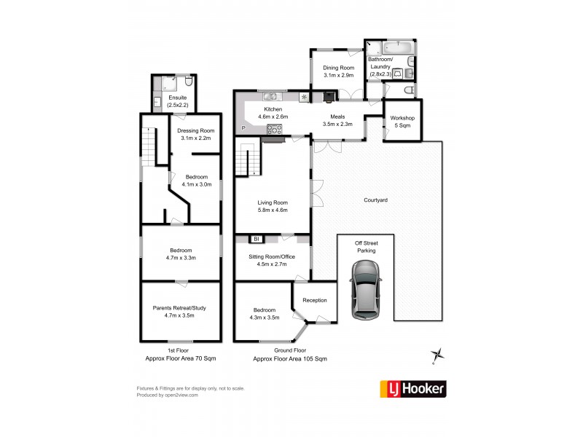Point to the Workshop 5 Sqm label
pyautogui.click(x=402, y=121)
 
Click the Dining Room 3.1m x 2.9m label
pyautogui.click(x=338, y=71)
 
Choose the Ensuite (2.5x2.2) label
pyautogui.click(x=178, y=101)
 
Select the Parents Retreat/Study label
pyautogui.click(x=179, y=312)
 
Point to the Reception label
pyautogui.click(x=315, y=300)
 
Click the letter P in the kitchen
pyautogui.click(x=243, y=128)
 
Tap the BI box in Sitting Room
pyautogui.click(x=256, y=238)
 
